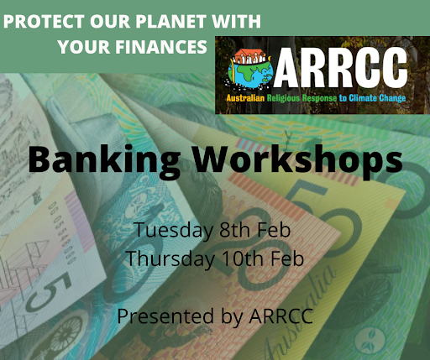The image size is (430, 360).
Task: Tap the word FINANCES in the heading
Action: [161, 47]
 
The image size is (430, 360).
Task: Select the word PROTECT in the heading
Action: [44, 21]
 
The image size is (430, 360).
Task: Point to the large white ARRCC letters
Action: [340, 68]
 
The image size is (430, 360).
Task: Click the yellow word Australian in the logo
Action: [245, 98]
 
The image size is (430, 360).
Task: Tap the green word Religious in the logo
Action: [283, 98]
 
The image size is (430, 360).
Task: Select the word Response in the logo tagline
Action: [319, 98]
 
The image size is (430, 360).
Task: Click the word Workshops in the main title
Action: [298, 161]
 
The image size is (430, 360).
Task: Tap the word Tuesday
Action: [174, 230]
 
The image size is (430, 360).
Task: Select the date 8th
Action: [234, 230]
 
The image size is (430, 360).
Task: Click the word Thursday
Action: [170, 258]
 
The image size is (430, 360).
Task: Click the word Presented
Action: [165, 316]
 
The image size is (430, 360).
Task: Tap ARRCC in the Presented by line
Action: [281, 316]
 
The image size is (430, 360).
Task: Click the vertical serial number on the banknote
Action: [63, 232]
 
